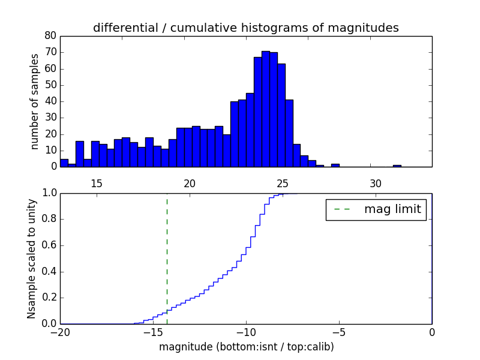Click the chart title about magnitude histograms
246,28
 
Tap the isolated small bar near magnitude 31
397,166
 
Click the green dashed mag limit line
167,258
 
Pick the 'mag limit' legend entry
376,209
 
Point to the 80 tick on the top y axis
50,36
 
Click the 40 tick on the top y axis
50,101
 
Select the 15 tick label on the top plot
97,183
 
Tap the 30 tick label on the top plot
376,183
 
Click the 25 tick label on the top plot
283,183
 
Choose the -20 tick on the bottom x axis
60,332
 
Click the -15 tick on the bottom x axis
153,332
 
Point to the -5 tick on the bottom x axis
339,332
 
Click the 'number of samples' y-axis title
35,101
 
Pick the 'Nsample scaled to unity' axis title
32,259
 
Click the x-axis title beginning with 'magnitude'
246,347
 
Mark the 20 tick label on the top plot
190,183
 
